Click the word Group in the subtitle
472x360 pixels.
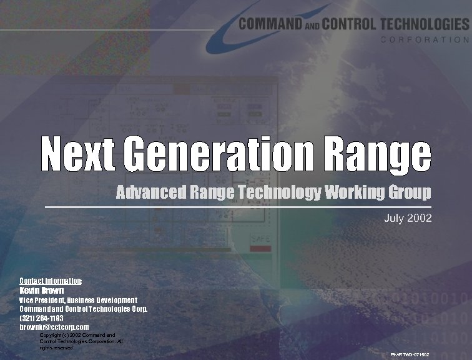click(x=409, y=193)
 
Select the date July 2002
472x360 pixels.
click(x=408, y=219)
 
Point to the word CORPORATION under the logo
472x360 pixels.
click(x=425, y=39)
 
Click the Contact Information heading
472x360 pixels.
click(x=51, y=280)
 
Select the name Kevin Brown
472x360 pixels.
click(x=41, y=290)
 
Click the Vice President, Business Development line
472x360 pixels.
click(x=78, y=300)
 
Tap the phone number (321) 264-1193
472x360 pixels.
click(x=41, y=317)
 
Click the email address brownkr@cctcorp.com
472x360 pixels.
click(x=54, y=327)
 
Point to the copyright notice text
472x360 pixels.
click(x=81, y=341)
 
